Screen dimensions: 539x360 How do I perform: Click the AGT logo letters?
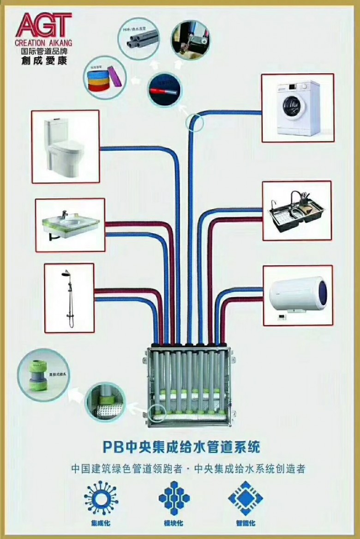43,25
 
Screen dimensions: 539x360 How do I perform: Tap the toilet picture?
66,146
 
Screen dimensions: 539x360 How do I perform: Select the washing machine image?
297,108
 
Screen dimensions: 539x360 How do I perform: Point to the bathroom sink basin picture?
70,224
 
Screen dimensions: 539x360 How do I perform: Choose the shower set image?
69,298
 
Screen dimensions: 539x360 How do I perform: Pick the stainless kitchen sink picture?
297,211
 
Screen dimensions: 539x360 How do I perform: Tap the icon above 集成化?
101,497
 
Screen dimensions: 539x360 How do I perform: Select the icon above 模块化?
174,498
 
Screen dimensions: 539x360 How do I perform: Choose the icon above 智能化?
246,498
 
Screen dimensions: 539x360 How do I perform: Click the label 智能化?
246,523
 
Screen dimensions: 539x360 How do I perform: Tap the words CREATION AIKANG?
43,41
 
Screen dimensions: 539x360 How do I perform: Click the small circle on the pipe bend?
195,123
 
